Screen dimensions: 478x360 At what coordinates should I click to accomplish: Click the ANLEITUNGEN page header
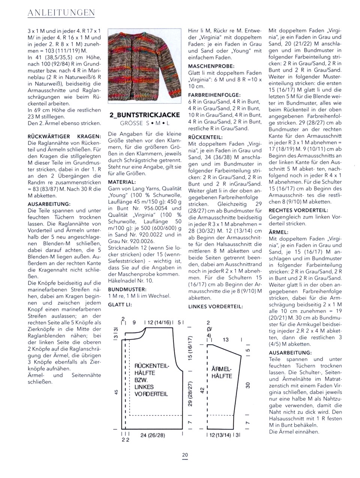click(61, 13)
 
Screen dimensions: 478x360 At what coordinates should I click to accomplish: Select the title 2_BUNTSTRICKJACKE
click(144, 115)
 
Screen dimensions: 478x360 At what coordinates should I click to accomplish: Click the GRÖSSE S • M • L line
click(144, 123)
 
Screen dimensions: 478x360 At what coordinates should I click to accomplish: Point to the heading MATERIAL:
click(121, 182)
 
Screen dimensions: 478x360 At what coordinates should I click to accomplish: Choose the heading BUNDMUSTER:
click(127, 290)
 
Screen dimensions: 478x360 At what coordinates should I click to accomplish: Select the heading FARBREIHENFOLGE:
click(214, 95)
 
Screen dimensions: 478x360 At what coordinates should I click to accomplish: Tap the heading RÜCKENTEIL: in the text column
click(205, 137)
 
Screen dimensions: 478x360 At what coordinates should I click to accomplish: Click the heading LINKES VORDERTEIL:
click(215, 306)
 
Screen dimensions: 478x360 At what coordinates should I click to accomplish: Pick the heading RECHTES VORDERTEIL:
click(298, 211)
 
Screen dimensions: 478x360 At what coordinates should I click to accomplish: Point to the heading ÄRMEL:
click(278, 232)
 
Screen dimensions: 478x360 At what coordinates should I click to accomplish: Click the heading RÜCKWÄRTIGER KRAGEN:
click(64, 136)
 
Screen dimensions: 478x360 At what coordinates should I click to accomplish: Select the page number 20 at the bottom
click(185, 455)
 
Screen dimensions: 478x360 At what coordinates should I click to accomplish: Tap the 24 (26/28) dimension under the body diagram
click(153, 435)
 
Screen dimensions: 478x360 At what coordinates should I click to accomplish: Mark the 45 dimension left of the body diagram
click(116, 392)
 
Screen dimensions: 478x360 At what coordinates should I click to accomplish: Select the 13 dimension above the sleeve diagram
click(225, 340)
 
